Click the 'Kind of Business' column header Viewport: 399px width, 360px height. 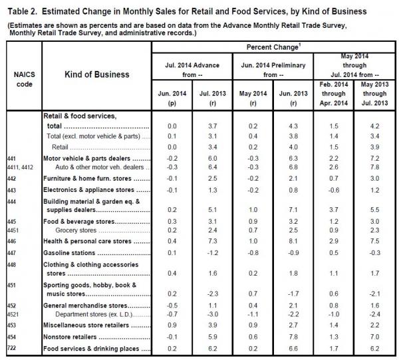point(97,74)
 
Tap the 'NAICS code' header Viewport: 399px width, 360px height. point(24,79)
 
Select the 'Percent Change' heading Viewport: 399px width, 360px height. point(273,47)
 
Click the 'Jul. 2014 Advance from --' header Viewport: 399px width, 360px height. point(192,70)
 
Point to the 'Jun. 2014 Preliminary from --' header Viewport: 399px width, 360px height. point(273,70)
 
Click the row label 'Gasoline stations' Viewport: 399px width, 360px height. point(69,253)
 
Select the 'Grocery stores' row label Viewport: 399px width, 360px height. point(76,230)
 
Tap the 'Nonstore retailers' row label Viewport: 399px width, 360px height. point(70,337)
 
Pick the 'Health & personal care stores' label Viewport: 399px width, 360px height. point(87,241)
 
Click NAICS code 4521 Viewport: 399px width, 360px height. point(13,314)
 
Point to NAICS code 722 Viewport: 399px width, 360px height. point(11,347)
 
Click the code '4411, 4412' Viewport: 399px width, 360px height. point(20,167)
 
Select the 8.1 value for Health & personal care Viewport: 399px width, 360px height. point(293,241)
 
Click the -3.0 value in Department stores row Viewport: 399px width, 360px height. point(213,314)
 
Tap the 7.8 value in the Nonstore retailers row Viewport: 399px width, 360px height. point(293,337)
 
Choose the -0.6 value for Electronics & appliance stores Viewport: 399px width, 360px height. point(334,190)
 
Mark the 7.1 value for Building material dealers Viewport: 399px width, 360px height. point(293,210)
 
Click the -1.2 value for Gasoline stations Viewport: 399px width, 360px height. point(213,253)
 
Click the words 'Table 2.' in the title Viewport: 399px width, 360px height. point(23,11)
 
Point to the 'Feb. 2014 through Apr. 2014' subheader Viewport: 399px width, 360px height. point(334,94)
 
